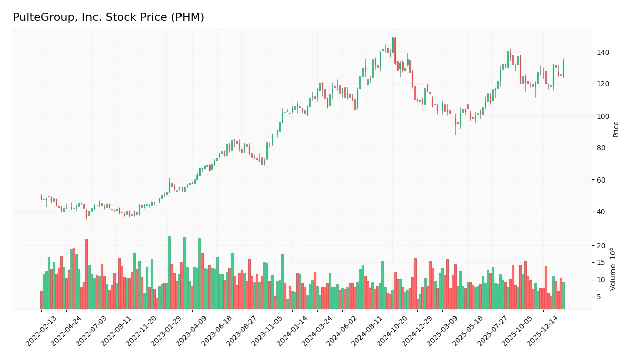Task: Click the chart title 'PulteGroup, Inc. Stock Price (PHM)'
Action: coord(108,17)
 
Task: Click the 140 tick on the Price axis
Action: coord(603,52)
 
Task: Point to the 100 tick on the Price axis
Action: coord(603,116)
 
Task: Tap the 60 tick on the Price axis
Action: coord(601,180)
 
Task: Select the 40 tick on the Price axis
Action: coord(601,212)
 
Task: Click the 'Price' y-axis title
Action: coord(616,129)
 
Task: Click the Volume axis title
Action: coord(613,269)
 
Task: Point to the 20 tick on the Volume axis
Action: coord(601,246)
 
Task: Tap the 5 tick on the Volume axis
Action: coord(599,297)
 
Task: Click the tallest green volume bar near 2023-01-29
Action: coord(169,273)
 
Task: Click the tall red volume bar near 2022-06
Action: coord(86,275)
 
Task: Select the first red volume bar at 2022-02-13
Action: coord(42,300)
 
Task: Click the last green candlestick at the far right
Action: coord(563,69)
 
